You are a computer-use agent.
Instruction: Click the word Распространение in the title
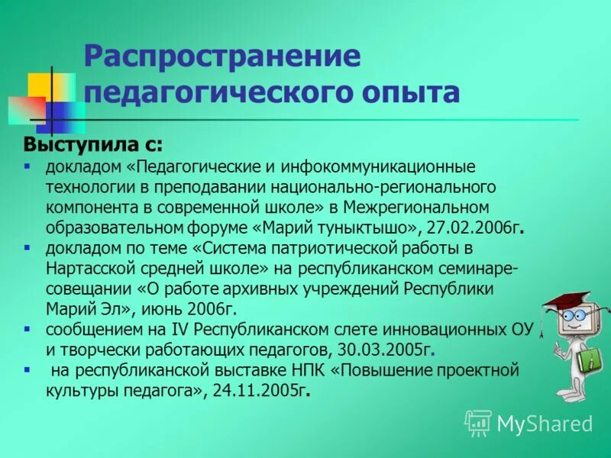click(221, 57)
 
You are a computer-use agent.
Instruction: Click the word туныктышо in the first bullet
click(381, 227)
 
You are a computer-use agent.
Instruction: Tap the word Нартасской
click(89, 269)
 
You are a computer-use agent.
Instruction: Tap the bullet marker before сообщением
click(27, 330)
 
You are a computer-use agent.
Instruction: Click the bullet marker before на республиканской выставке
click(27, 370)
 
